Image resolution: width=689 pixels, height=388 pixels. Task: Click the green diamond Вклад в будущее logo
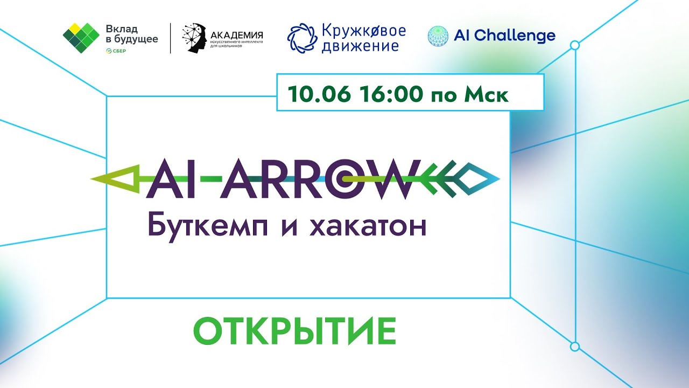pyautogui.click(x=81, y=37)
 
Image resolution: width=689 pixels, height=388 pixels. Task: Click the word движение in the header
pyautogui.click(x=360, y=46)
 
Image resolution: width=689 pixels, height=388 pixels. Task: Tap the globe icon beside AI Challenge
pyautogui.click(x=438, y=36)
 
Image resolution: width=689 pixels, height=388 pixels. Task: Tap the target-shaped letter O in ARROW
pyautogui.click(x=342, y=178)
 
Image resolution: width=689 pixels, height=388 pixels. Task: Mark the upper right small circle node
pyautogui.click(x=574, y=46)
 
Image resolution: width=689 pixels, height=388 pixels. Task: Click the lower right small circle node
pyautogui.click(x=574, y=346)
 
